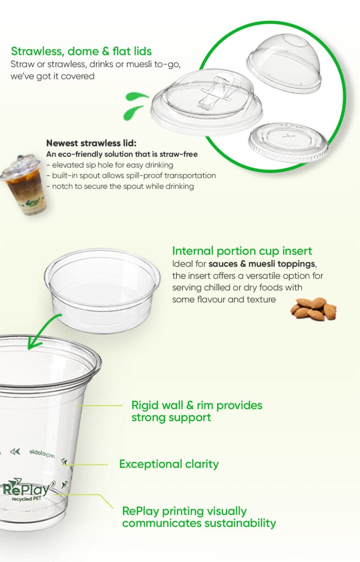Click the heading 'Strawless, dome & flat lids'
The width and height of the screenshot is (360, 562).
tap(82, 51)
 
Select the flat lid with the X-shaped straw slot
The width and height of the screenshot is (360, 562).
tap(288, 142)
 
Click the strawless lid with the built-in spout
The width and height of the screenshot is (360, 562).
tap(206, 102)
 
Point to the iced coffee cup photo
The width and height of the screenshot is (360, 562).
tap(24, 185)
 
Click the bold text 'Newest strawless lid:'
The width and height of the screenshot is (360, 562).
tap(91, 143)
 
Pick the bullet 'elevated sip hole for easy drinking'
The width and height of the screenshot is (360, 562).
tap(110, 165)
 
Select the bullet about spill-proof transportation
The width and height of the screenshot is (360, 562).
tap(131, 176)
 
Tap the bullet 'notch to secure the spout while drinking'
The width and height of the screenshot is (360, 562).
tap(120, 186)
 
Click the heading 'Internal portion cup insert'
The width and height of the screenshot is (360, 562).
tap(242, 251)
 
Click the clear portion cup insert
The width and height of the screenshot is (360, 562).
tap(102, 290)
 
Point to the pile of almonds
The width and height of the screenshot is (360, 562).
tap(313, 309)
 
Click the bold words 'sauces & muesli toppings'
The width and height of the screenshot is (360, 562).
tap(262, 264)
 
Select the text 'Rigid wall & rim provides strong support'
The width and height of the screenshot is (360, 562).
tap(197, 412)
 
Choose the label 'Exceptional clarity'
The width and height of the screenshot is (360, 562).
tap(169, 464)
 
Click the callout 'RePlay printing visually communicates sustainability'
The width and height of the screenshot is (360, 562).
tap(199, 518)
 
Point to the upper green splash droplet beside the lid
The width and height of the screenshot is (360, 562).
tap(136, 96)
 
